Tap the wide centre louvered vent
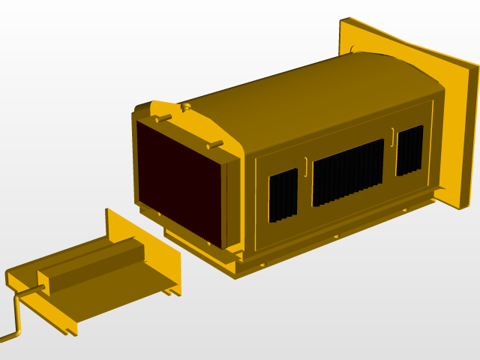click(x=348, y=172)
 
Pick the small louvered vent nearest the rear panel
click(x=409, y=150)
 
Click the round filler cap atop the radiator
click(x=186, y=107)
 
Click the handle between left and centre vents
click(x=306, y=162)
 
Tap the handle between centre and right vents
click(x=392, y=134)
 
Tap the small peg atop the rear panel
click(x=352, y=49)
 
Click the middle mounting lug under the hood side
click(x=336, y=236)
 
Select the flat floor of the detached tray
click(x=112, y=292)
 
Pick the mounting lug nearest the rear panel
click(x=405, y=210)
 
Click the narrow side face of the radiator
click(x=232, y=202)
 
